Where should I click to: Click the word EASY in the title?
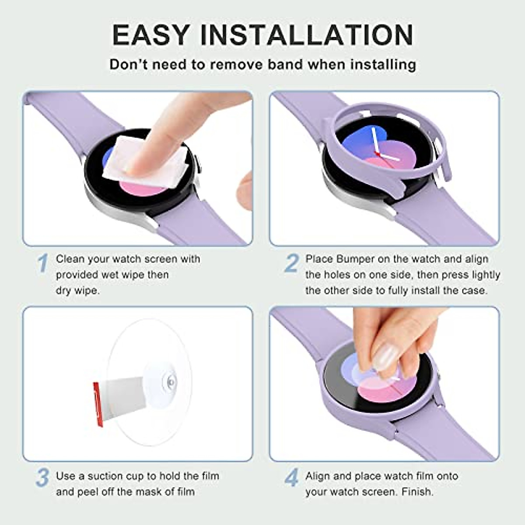pos(151,35)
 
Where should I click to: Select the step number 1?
pos(42,263)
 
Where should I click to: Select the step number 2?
pos(291,263)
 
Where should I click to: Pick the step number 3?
pos(42,478)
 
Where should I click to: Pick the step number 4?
pos(291,478)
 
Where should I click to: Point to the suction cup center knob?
pos(170,382)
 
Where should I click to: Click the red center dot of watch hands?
pos(377,154)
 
